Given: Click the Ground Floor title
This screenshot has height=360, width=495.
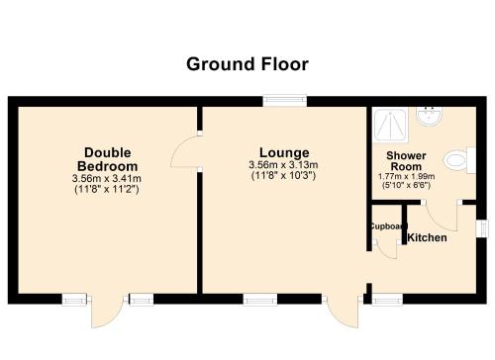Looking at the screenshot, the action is tap(247, 64).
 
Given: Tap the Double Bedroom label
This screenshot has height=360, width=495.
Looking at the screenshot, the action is tap(108, 159).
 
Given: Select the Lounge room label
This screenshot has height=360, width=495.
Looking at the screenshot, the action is tap(284, 152).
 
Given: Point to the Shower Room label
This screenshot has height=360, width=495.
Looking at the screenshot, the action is tap(406, 161).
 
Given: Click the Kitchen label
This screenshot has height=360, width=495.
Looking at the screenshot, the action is tap(427, 237).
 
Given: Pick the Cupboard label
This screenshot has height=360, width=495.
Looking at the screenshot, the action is tap(388, 226).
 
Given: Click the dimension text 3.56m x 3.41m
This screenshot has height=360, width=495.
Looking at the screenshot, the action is tap(107, 179).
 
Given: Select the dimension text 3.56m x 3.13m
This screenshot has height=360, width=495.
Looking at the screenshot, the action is tap(283, 164).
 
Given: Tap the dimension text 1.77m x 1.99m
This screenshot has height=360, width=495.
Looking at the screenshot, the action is tap(406, 176).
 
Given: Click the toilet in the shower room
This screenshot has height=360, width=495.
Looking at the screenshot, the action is tap(458, 160).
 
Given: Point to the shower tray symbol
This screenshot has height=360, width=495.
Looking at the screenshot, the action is tap(390, 125).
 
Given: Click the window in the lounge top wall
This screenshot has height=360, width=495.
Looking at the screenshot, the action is tap(285, 101).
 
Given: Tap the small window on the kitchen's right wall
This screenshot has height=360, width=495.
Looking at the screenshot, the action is tap(481, 228).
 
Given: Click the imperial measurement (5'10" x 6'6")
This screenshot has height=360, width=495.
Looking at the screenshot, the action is tap(406, 185).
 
